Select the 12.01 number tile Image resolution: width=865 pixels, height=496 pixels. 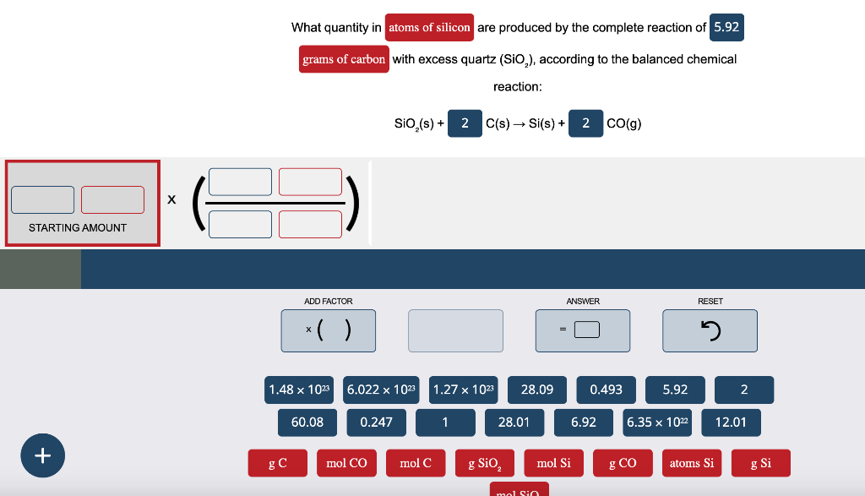click(x=731, y=422)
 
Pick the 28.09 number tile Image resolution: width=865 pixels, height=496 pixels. click(x=537, y=390)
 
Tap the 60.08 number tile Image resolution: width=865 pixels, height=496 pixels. click(x=307, y=422)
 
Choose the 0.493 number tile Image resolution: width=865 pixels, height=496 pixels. click(x=606, y=390)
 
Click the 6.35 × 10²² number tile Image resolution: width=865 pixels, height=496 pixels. click(x=658, y=422)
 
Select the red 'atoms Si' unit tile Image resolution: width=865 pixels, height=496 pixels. click(x=691, y=463)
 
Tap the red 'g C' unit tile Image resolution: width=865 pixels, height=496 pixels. click(x=277, y=463)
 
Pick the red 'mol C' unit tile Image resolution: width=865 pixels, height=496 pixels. click(x=415, y=463)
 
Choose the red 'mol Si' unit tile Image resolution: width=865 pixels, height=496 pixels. click(x=553, y=463)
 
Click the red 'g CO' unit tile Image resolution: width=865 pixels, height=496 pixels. click(x=623, y=463)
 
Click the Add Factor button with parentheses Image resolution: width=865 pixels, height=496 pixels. click(x=329, y=330)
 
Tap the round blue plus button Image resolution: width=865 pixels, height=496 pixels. click(x=42, y=455)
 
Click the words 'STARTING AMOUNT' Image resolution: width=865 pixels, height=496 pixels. click(x=78, y=227)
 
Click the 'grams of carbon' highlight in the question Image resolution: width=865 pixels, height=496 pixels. click(x=344, y=59)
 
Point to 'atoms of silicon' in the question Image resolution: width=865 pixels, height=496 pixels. click(x=429, y=27)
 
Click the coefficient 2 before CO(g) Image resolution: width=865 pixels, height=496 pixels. click(x=585, y=123)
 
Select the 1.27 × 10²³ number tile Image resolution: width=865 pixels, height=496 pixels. click(x=464, y=390)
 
